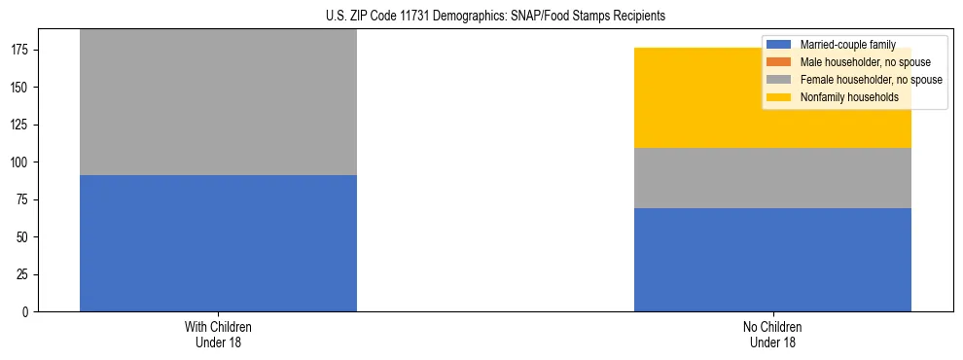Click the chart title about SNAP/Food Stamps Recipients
click(495, 17)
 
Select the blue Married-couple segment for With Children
click(218, 243)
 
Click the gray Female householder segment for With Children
click(218, 102)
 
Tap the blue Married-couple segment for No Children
click(772, 260)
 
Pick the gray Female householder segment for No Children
click(772, 178)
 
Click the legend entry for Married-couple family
click(846, 45)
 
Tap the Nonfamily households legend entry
click(849, 97)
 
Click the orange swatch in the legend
click(779, 62)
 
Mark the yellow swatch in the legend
click(779, 97)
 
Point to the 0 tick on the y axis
click(27, 312)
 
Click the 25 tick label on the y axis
click(24, 275)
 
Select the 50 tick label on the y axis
click(24, 237)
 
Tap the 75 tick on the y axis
click(24, 200)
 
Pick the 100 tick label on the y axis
click(21, 162)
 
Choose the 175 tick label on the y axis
click(21, 50)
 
